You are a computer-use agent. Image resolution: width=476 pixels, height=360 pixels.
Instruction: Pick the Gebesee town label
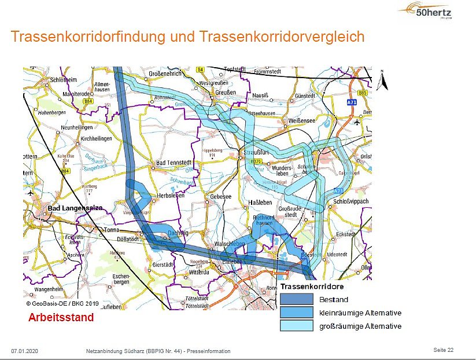coord(220,197)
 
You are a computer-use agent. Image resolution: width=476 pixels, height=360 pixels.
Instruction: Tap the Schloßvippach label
coord(350,201)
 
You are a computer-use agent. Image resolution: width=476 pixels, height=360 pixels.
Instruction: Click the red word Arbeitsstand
coord(61,318)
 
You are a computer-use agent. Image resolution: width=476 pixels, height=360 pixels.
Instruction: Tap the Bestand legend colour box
coord(296,300)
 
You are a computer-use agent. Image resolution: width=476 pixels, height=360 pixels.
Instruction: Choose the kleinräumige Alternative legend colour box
coord(296,313)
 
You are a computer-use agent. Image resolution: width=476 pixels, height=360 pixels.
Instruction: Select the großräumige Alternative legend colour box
coord(296,326)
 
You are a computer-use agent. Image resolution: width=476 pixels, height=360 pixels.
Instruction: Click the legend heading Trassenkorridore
coord(312,286)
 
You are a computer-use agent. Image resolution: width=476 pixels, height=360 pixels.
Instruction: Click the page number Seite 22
coord(443,350)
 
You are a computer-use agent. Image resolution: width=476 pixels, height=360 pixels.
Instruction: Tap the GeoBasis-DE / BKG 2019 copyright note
coord(62,303)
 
